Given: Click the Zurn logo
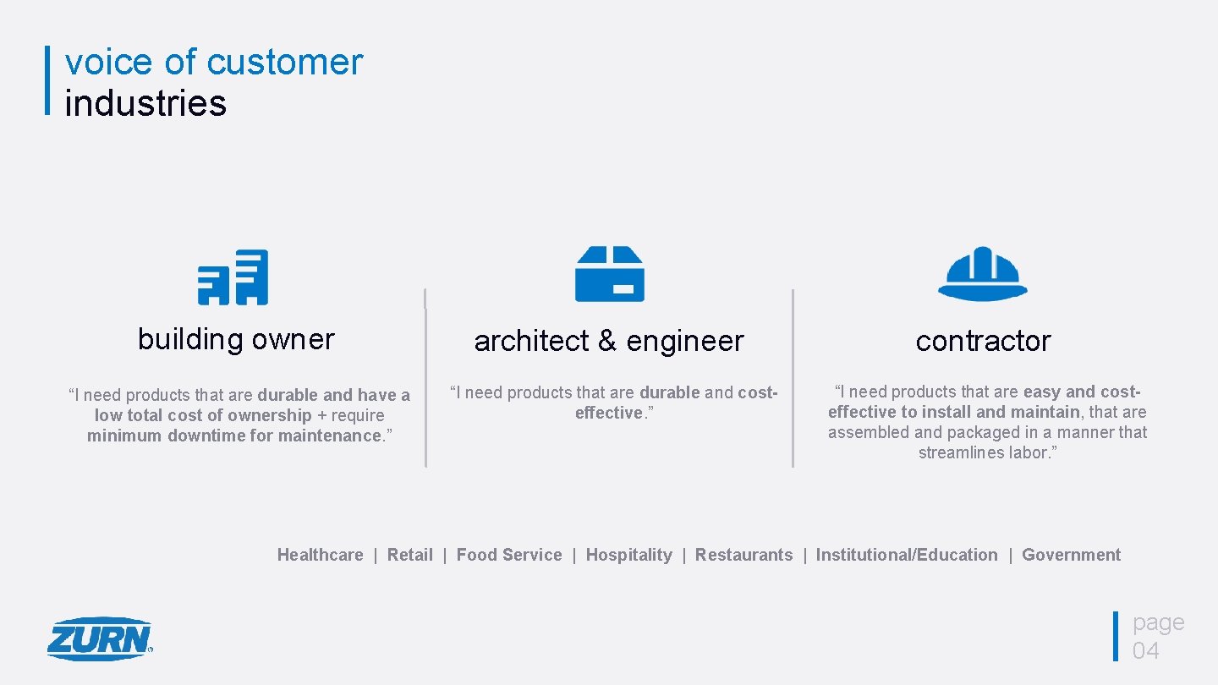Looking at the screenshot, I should coord(100,638).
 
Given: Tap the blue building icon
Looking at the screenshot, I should coord(233,277).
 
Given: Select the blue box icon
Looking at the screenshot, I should coord(609,274).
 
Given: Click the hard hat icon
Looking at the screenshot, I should coord(982,273).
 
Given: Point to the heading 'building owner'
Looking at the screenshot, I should coord(236,339).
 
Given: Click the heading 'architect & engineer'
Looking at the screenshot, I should coord(608,341).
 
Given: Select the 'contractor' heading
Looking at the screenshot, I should coord(983,341).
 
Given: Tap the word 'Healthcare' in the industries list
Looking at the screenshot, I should coord(320,555).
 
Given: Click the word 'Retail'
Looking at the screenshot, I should coord(409,555).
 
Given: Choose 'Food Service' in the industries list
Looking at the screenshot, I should coord(509,555).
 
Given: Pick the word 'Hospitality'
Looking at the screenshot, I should coord(628,555).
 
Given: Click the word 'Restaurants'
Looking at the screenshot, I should coord(744,555).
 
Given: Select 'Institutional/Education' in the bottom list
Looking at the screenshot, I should coord(907,555).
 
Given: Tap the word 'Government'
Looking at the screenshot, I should coord(1071,555).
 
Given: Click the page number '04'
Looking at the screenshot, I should coord(1146,650).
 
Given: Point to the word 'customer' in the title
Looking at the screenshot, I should coord(284,63).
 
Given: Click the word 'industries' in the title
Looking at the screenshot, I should coord(145,103).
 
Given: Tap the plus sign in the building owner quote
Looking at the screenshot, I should coord(322,415).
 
